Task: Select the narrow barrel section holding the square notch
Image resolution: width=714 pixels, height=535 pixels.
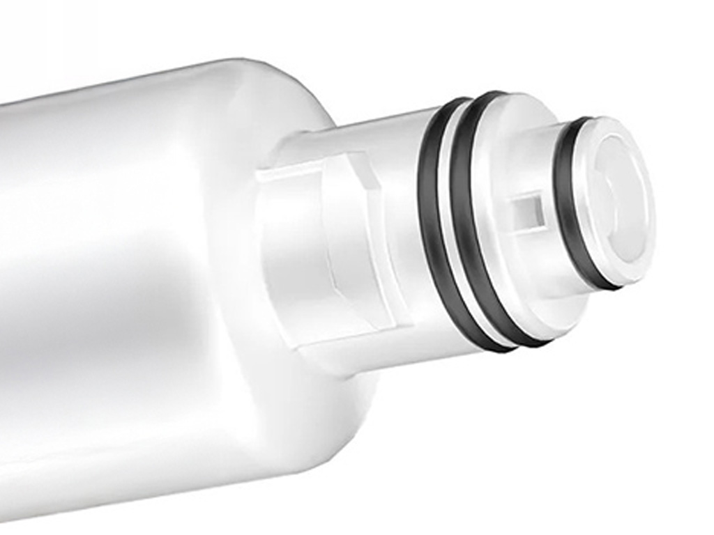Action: tap(537, 230)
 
